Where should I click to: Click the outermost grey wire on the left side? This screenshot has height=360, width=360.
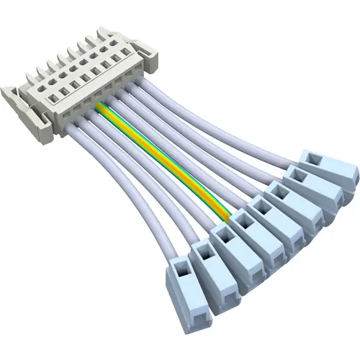tap(140, 209)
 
